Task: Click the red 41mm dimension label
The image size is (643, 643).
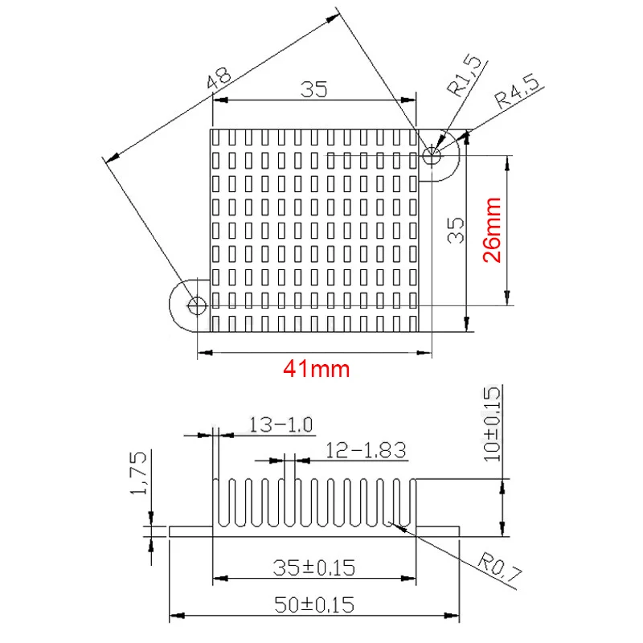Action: click(316, 368)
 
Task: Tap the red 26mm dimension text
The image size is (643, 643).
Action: click(492, 230)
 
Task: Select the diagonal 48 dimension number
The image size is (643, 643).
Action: click(219, 78)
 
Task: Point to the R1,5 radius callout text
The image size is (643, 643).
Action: click(464, 76)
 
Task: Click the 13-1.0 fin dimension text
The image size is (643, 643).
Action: click(281, 425)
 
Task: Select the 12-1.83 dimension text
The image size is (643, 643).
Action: click(366, 450)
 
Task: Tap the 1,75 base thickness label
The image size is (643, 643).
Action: click(138, 473)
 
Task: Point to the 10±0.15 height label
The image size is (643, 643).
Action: click(492, 424)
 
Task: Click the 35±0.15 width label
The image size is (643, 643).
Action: click(313, 568)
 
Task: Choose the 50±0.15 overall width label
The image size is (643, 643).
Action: click(313, 605)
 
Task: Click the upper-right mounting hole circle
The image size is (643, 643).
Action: click(432, 155)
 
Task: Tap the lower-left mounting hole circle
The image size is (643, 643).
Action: click(197, 305)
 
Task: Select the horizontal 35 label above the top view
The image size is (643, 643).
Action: click(314, 89)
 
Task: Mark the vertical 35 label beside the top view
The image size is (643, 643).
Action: click(456, 231)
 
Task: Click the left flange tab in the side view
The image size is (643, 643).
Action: click(191, 531)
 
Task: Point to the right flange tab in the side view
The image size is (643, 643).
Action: click(437, 531)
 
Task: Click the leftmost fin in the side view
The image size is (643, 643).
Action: click(215, 502)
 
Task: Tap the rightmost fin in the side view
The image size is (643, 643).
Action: click(412, 502)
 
